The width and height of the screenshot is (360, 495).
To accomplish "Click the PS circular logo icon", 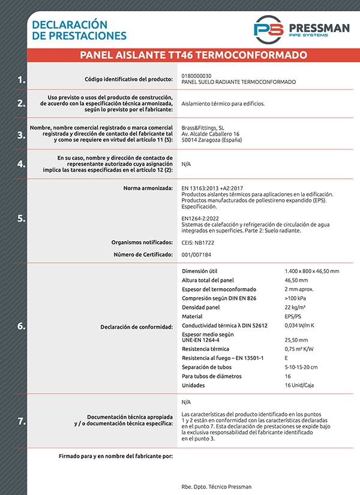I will click(x=268, y=29).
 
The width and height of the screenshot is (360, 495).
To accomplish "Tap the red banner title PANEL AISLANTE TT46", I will click(x=193, y=55).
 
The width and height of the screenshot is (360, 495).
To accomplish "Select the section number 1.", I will click(x=22, y=79).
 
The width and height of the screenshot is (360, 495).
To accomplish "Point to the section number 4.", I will click(x=22, y=164).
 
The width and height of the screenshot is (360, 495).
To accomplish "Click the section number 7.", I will click(x=22, y=421).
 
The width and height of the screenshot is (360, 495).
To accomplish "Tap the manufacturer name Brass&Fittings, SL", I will click(x=203, y=128).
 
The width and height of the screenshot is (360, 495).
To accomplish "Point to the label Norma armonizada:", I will click(x=148, y=188).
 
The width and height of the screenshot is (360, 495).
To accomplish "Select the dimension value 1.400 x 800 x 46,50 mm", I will click(x=311, y=271).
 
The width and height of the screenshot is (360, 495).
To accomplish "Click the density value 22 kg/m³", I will click(x=297, y=307).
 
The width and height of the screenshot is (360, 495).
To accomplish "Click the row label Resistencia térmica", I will click(x=205, y=349).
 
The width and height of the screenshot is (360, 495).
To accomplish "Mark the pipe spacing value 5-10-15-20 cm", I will click(x=301, y=367).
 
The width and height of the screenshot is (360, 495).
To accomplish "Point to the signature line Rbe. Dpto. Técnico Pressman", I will click(x=216, y=487).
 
